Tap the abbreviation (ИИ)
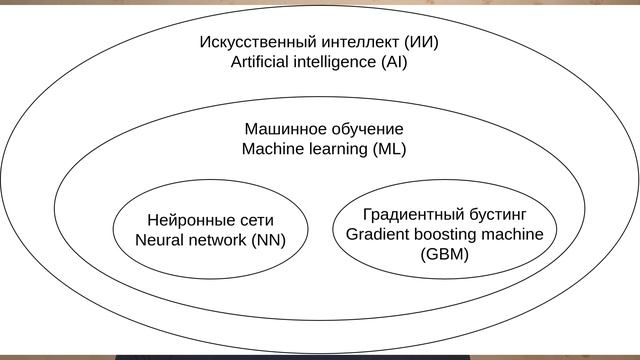(421, 43)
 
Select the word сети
(254, 220)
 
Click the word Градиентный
(410, 214)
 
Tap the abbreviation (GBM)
(444, 254)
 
